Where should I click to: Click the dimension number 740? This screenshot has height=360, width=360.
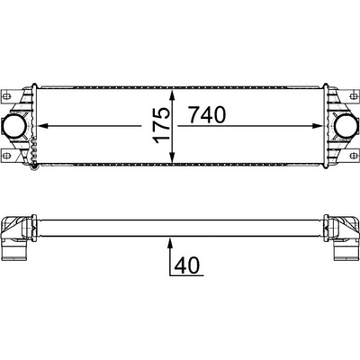pyautogui.click(x=207, y=115)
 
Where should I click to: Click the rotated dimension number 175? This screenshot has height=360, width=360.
pyautogui.click(x=161, y=125)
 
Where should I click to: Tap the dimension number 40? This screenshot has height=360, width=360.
pyautogui.click(x=187, y=265)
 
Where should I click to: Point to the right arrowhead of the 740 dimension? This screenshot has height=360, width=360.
pyautogui.click(x=317, y=126)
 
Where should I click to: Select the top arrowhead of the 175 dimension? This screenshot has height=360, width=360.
pyautogui.click(x=172, y=95)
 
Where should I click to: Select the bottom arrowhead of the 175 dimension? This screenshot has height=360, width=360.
pyautogui.click(x=172, y=157)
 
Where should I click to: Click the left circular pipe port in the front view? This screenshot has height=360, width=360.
pyautogui.click(x=13, y=126)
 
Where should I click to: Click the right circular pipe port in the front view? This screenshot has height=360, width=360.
pyautogui.click(x=346, y=126)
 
